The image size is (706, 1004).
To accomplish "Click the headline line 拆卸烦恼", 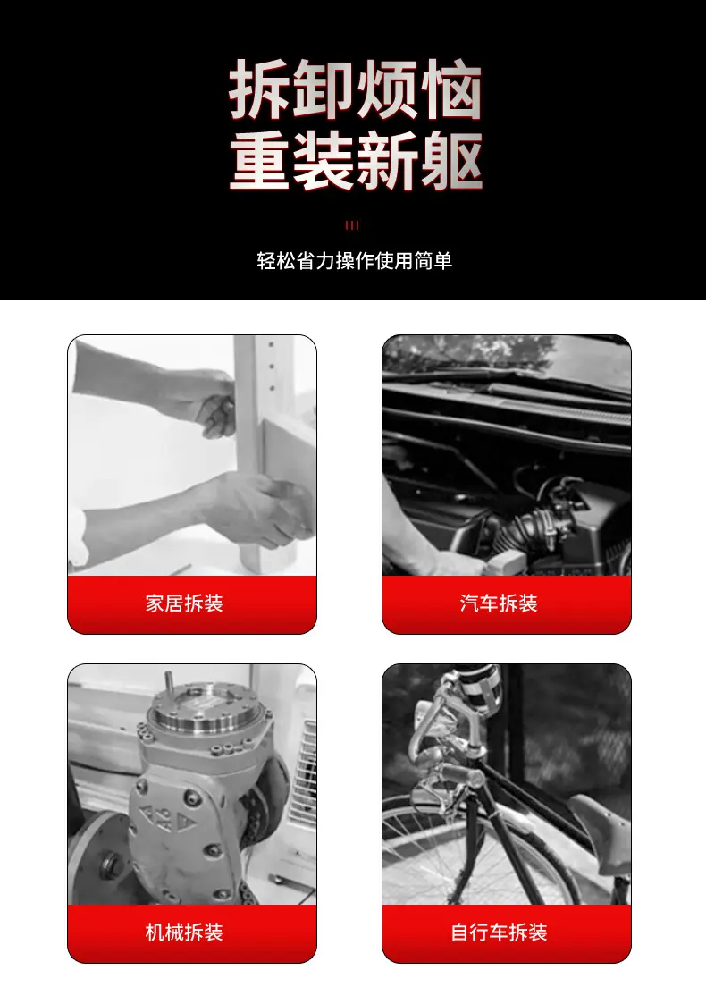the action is pos(355,89).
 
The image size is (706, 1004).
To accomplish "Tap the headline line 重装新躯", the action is pos(355,161).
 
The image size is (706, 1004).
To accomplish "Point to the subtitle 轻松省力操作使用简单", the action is pos(355,260).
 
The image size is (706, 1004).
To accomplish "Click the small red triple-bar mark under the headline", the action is pos(352,225).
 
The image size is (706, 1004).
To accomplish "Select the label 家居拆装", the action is pos(184,603).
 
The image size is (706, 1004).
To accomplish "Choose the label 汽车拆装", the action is pos(499,603).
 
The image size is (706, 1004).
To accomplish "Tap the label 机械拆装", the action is pos(184,932).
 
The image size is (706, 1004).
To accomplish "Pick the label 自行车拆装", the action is pos(499,932).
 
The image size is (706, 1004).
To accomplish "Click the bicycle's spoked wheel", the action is pos(474,852).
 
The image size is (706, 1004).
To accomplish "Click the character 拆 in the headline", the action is pos(258,89).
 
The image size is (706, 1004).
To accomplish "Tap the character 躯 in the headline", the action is pos(452,161).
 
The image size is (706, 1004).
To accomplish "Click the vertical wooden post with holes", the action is pos(263,448).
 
